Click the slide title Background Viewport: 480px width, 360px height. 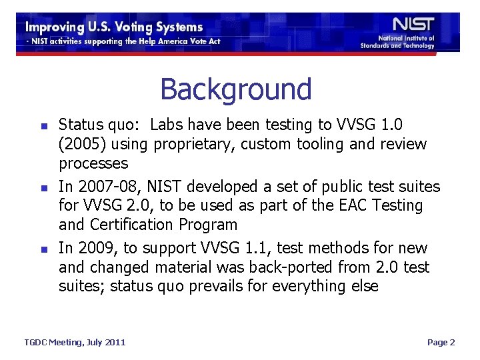(x=235, y=89)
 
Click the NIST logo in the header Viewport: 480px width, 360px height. (x=413, y=25)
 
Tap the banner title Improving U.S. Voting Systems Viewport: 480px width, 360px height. (x=114, y=27)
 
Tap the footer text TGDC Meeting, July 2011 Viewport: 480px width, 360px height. (x=75, y=342)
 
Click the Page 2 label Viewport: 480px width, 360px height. (x=441, y=342)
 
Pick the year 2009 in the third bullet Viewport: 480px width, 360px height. (x=98, y=249)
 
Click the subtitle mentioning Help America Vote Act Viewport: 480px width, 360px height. (x=123, y=41)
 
